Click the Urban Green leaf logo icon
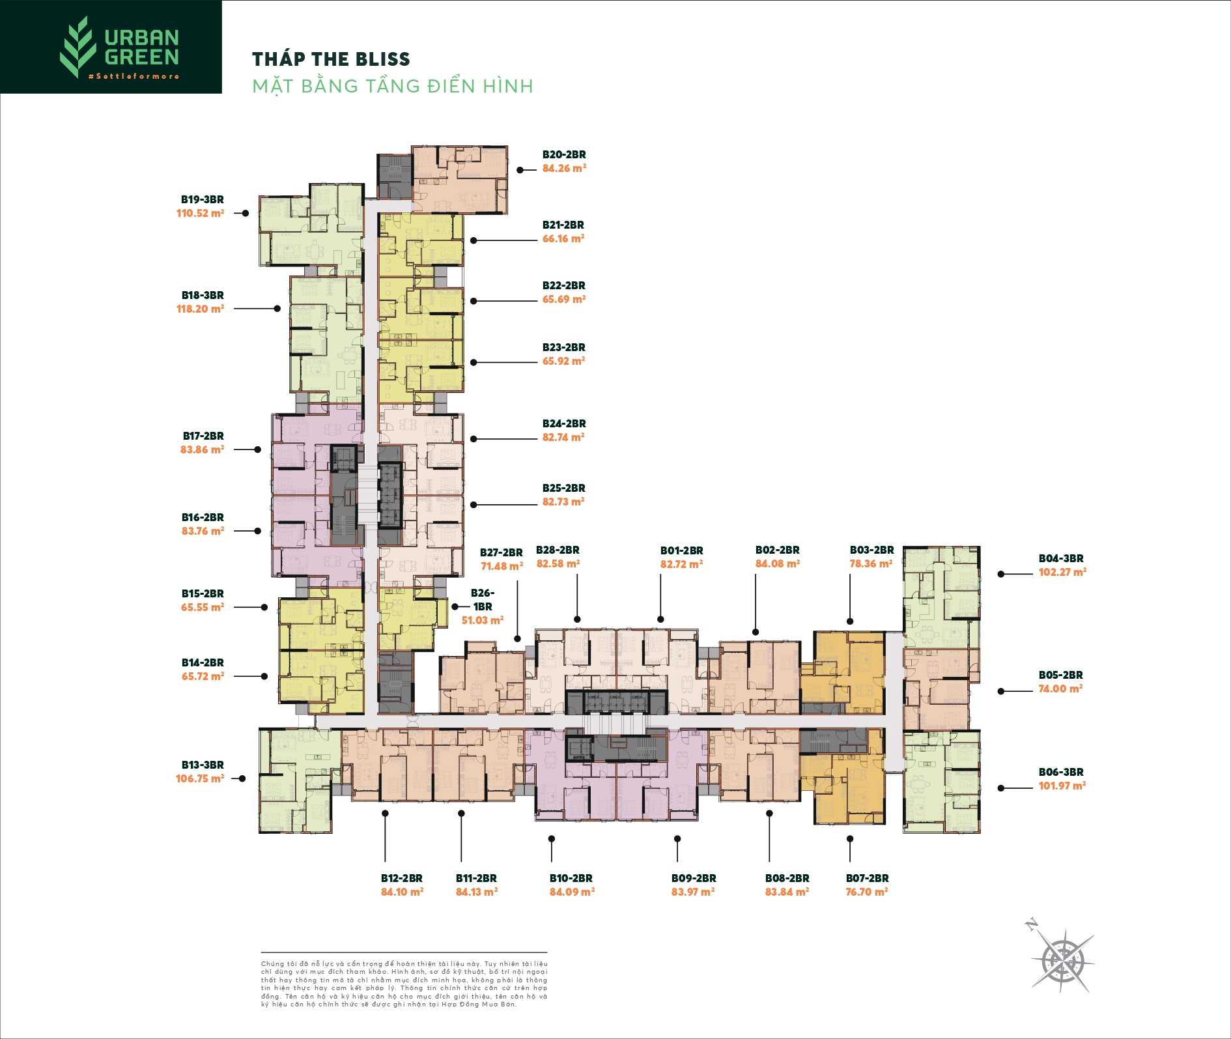(78, 47)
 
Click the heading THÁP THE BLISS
(331, 59)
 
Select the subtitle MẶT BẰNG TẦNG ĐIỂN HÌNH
(393, 86)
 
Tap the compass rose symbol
(1062, 958)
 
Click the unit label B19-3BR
(203, 199)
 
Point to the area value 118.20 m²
(200, 309)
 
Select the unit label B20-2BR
(564, 154)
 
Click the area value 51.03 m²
(482, 620)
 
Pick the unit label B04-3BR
(1061, 558)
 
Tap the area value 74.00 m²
(1060, 689)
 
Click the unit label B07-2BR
(867, 878)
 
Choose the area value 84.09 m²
(572, 892)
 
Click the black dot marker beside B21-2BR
(474, 240)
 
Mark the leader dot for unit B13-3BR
(242, 778)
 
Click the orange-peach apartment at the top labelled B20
(460, 179)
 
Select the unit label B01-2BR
(681, 550)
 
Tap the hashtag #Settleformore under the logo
(134, 76)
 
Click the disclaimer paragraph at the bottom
(404, 984)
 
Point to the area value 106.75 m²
(199, 778)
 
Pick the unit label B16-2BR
(203, 517)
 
